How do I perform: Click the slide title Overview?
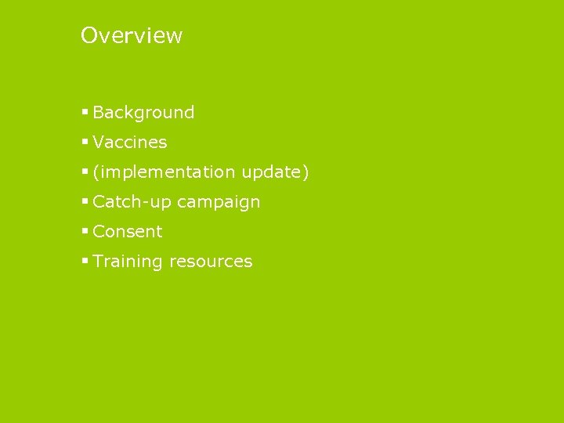tap(132, 35)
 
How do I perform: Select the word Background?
tap(143, 113)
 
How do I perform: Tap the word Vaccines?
tap(130, 143)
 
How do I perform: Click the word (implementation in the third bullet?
tap(164, 172)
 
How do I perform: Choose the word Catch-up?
tap(132, 202)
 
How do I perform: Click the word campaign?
tap(219, 202)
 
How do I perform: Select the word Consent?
tap(128, 232)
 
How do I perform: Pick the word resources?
tap(215, 262)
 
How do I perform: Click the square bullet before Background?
tap(85, 113)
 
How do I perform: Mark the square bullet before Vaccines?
tap(85, 143)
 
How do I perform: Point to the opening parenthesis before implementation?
tap(96, 172)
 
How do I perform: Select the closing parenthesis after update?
tap(306, 172)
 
